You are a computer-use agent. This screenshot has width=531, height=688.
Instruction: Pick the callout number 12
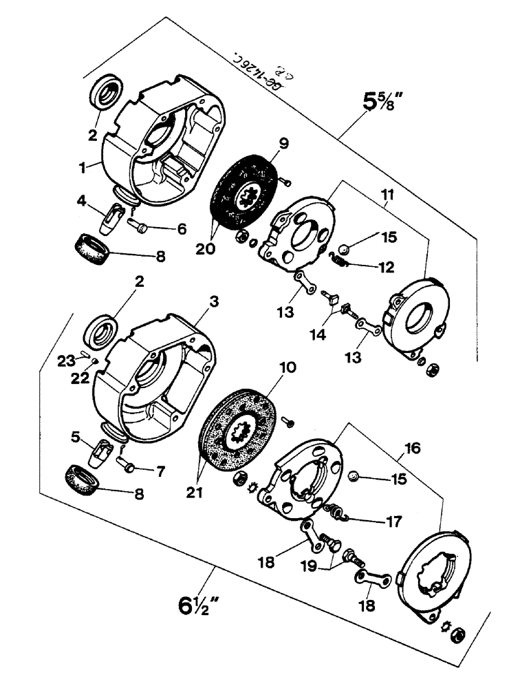(x=375, y=266)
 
